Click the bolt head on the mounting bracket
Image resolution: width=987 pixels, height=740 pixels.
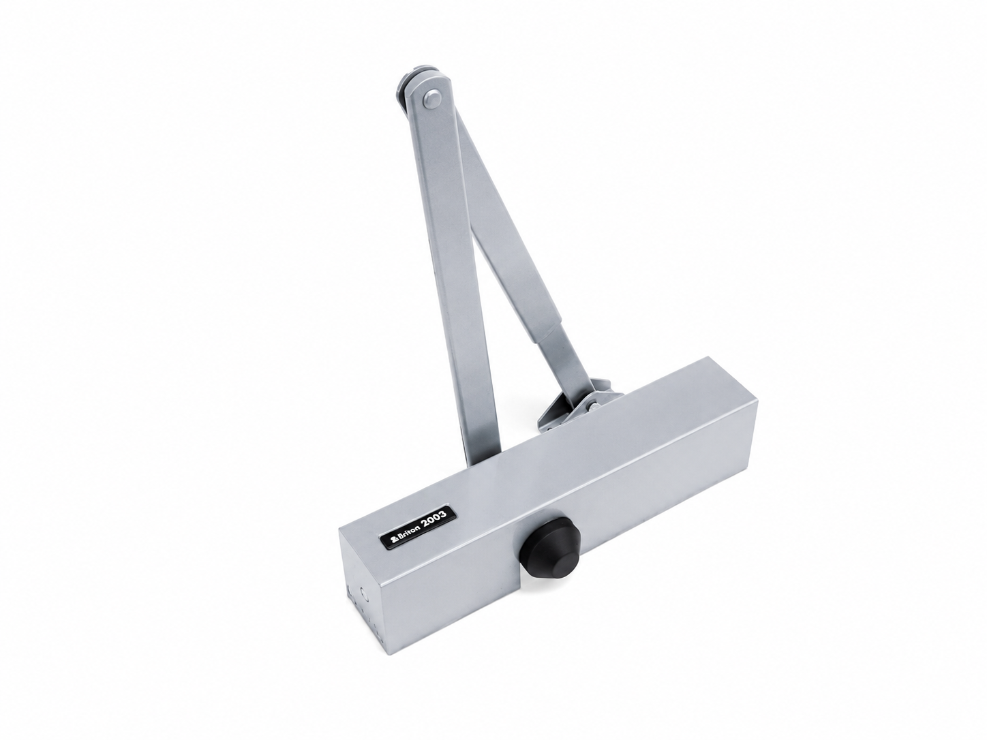coord(593,406)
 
